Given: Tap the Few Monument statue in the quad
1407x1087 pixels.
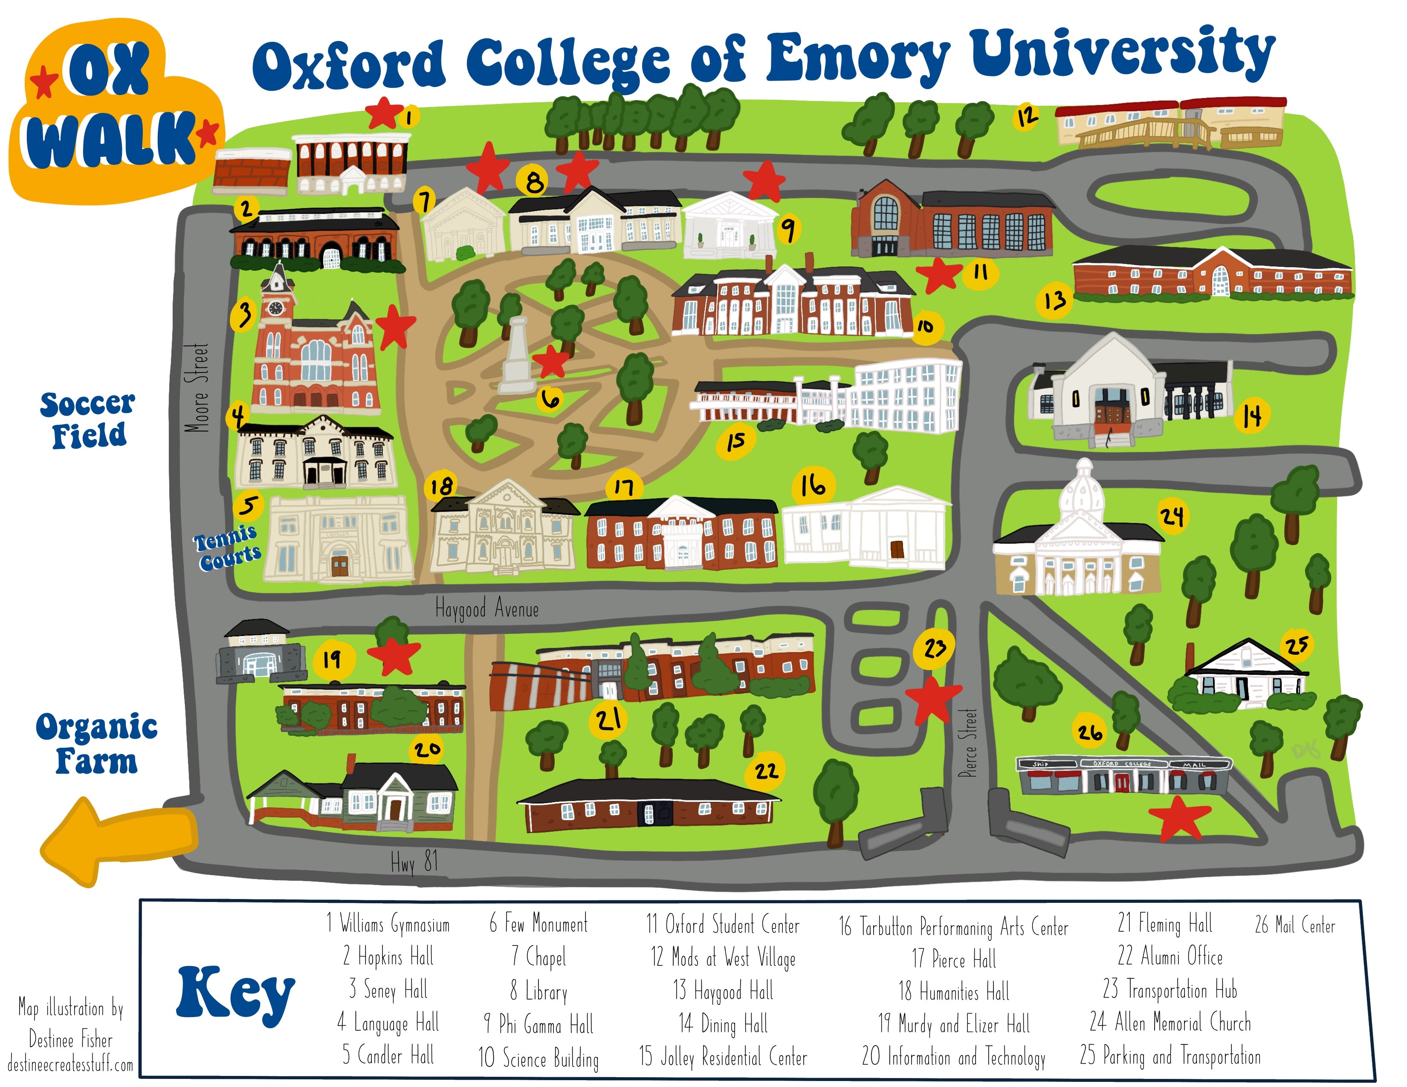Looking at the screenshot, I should (517, 356).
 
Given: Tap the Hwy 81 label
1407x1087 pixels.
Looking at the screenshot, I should (414, 862).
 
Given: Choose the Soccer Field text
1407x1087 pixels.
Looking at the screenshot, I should (88, 420).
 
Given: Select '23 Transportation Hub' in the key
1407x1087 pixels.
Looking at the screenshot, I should (1170, 990).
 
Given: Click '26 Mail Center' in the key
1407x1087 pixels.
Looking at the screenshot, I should (1295, 925).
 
